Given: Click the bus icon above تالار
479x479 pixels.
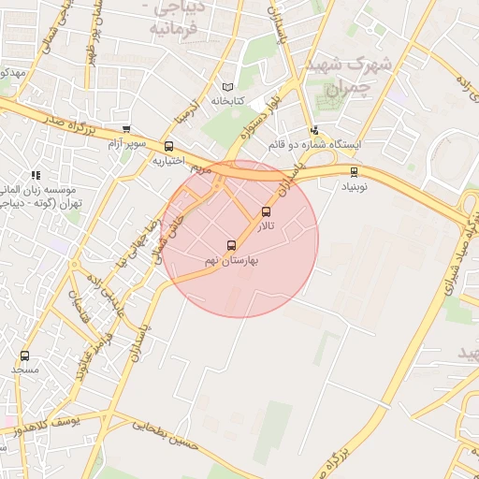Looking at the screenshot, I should click(x=267, y=211).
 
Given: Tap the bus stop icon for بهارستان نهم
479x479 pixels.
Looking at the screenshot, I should click(x=232, y=246).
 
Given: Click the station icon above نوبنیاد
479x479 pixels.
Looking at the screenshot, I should click(x=354, y=171).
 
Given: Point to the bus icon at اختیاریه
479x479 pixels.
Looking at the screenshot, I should click(x=168, y=146).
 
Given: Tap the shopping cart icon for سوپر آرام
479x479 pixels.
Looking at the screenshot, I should click(x=126, y=130).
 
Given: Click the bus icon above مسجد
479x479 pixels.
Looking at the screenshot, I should click(x=24, y=356).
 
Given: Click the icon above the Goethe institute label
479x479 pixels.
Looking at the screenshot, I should click(x=36, y=175).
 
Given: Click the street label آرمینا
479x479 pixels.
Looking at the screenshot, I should click(x=187, y=113).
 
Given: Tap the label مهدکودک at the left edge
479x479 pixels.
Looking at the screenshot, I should click(x=11, y=72).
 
